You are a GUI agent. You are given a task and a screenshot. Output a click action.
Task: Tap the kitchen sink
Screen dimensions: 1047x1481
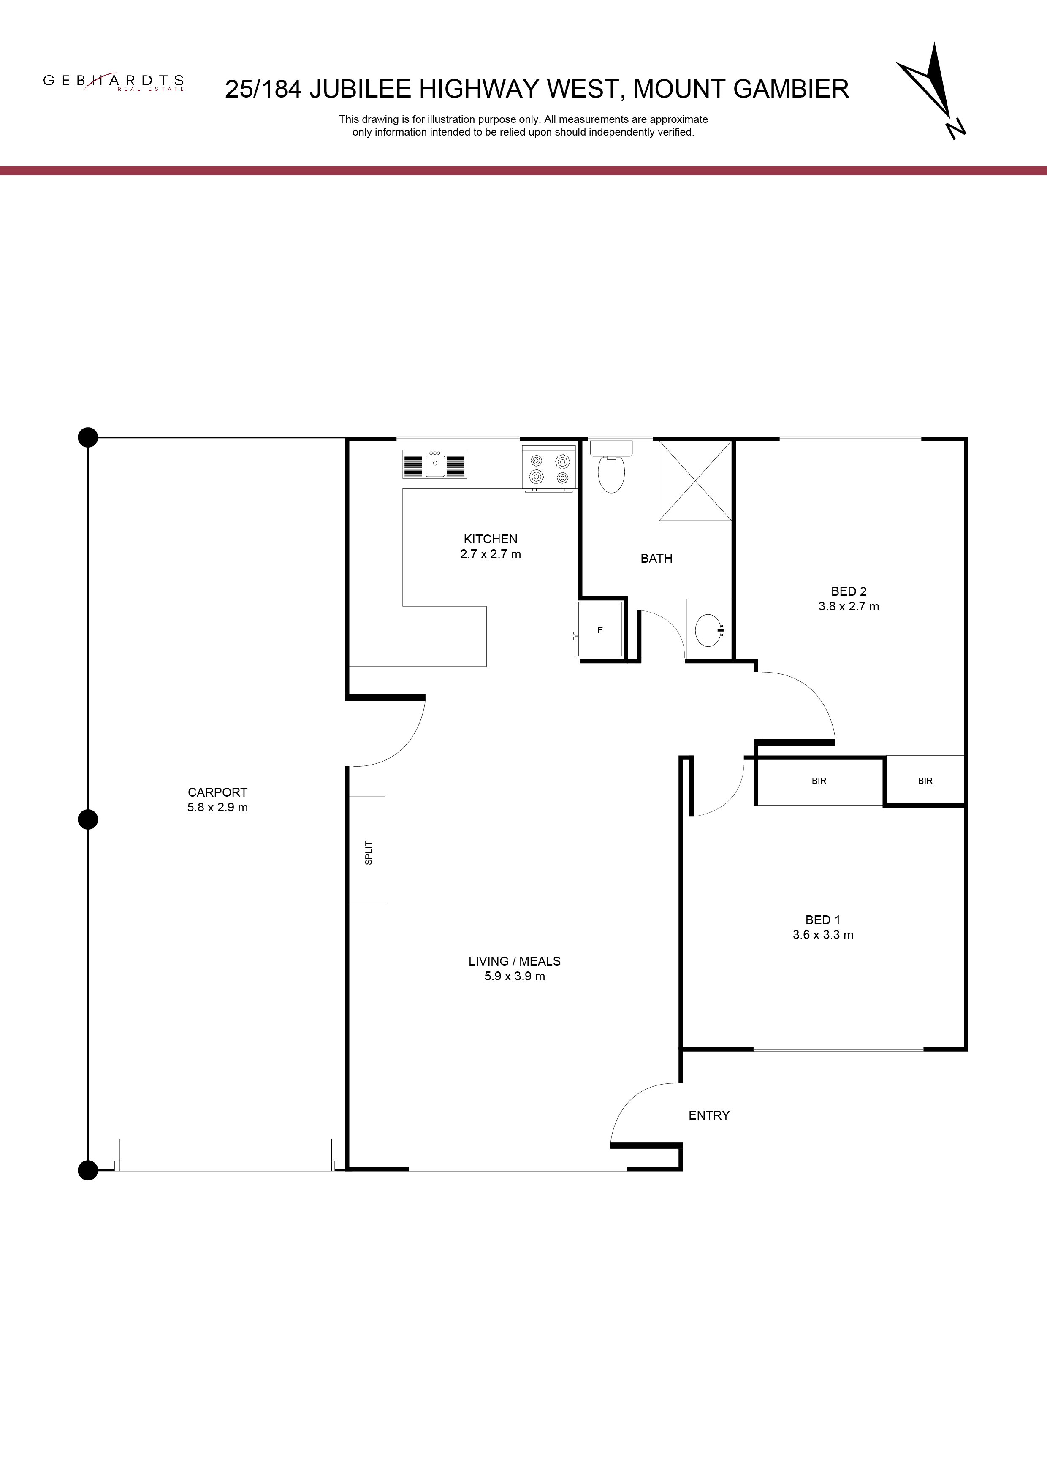(435, 464)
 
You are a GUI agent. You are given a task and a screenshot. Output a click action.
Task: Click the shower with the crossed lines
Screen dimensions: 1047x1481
(695, 480)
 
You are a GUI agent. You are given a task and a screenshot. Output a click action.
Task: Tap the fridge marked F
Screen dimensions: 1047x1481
(600, 630)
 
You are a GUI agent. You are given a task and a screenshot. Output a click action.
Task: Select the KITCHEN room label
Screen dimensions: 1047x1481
(490, 539)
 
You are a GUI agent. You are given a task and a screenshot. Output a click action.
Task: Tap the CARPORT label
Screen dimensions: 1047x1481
(217, 792)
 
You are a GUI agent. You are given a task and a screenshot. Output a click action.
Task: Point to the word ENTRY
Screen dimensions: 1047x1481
(709, 1115)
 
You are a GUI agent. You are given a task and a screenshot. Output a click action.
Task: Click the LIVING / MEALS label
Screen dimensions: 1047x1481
(515, 961)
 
